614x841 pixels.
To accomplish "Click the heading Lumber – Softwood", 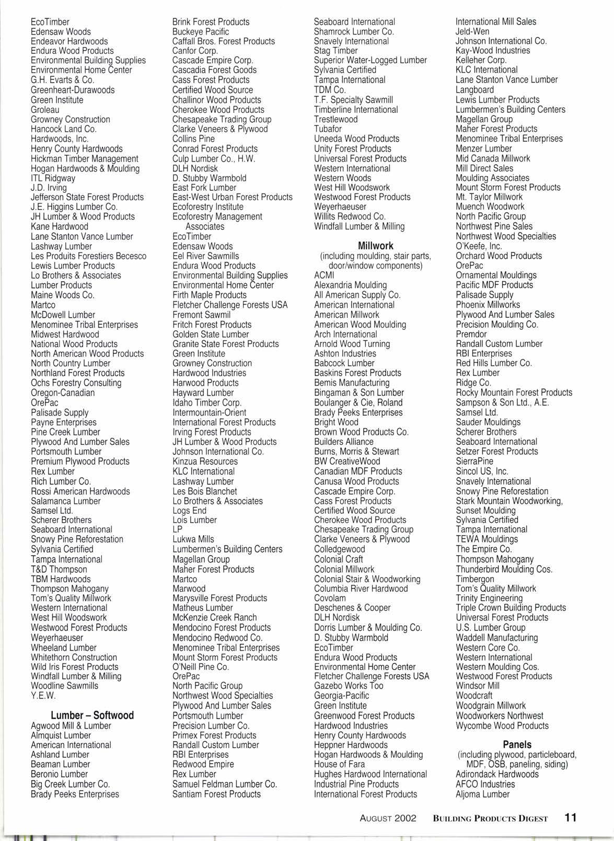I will tap(92, 715).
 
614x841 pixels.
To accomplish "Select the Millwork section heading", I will tap(375, 246).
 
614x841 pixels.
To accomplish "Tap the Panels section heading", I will tap(517, 744).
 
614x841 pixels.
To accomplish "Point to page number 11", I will tap(570, 818).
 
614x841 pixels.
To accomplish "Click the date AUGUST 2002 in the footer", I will tap(388, 819).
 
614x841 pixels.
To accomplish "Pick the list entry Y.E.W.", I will tap(43, 696).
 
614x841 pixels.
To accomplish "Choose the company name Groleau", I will tap(45, 110).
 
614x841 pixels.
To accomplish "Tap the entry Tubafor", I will tap(328, 129).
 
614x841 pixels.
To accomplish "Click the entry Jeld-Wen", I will tap(472, 31).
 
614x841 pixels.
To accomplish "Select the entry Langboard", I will tap(474, 90).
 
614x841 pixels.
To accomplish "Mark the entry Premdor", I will tap(471, 334).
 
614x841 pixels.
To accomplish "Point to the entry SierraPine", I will tap(474, 462).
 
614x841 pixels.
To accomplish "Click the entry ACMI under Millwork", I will tap(323, 275).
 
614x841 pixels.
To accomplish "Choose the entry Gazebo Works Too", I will tap(349, 686).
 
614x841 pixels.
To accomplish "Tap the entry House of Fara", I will tap(339, 764).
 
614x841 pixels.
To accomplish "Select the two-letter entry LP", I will tap(178, 529).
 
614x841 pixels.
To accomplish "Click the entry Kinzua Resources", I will tap(205, 462).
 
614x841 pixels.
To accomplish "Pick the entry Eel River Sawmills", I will tap(205, 256).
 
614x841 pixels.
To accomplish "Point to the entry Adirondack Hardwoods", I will tap(496, 774).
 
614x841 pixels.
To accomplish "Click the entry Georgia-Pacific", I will tap(341, 696).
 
